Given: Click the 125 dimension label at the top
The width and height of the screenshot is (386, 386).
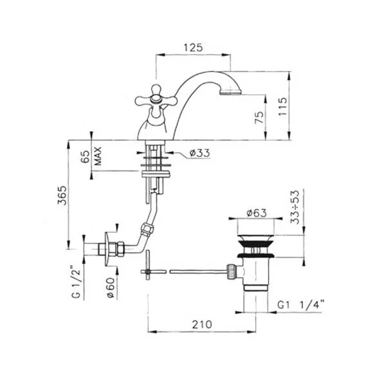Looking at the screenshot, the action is (x=193, y=48).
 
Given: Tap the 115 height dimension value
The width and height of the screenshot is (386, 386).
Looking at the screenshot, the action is (x=282, y=107).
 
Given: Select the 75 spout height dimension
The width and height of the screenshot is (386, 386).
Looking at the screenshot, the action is (x=259, y=118).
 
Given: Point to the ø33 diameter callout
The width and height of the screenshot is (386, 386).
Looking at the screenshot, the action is (x=199, y=153).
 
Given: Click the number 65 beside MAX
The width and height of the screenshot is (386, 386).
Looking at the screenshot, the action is (x=85, y=157).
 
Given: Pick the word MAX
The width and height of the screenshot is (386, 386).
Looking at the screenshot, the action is (x=98, y=156).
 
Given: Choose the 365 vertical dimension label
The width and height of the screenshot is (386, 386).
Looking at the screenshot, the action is (x=62, y=195).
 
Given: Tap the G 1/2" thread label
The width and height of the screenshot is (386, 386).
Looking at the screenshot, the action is (x=76, y=281).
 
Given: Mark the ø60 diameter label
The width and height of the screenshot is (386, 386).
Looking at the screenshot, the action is (x=111, y=288).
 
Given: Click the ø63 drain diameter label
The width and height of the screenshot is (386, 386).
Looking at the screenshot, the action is (x=256, y=213).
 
